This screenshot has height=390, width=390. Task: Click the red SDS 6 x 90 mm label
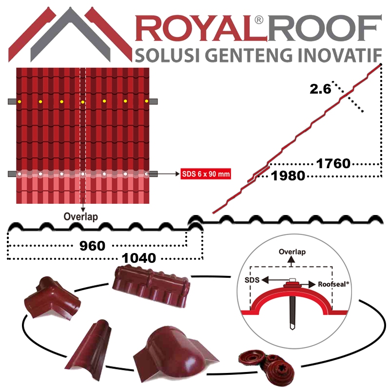(205, 174)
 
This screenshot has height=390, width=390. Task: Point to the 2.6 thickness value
(320, 89)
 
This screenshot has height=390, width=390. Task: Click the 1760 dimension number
(333, 164)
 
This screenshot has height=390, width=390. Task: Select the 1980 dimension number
(289, 175)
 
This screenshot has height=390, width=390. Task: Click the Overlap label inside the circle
(292, 253)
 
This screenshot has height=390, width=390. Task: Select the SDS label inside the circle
(252, 281)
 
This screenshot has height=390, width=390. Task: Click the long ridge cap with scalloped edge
(151, 287)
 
